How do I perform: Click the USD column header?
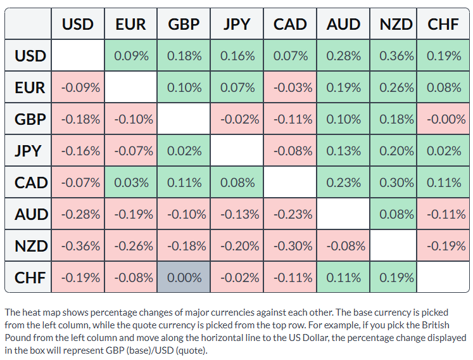[x=78, y=24]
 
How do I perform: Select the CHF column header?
[x=443, y=24]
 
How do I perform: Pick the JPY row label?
[x=28, y=150]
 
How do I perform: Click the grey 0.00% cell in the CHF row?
[x=184, y=277]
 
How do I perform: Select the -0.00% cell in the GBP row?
[x=443, y=119]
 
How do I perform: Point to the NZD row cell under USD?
[x=78, y=245]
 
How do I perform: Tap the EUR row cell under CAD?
[x=290, y=87]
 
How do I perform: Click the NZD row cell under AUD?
[x=343, y=245]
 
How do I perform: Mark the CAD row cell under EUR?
[x=130, y=182]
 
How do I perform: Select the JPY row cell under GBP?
[x=184, y=150]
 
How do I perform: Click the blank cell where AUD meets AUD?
[x=343, y=214]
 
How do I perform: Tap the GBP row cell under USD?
[x=78, y=119]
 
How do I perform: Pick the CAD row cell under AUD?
[x=343, y=182]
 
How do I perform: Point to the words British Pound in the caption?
[x=431, y=325]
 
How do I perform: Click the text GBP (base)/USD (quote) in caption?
[x=156, y=350]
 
